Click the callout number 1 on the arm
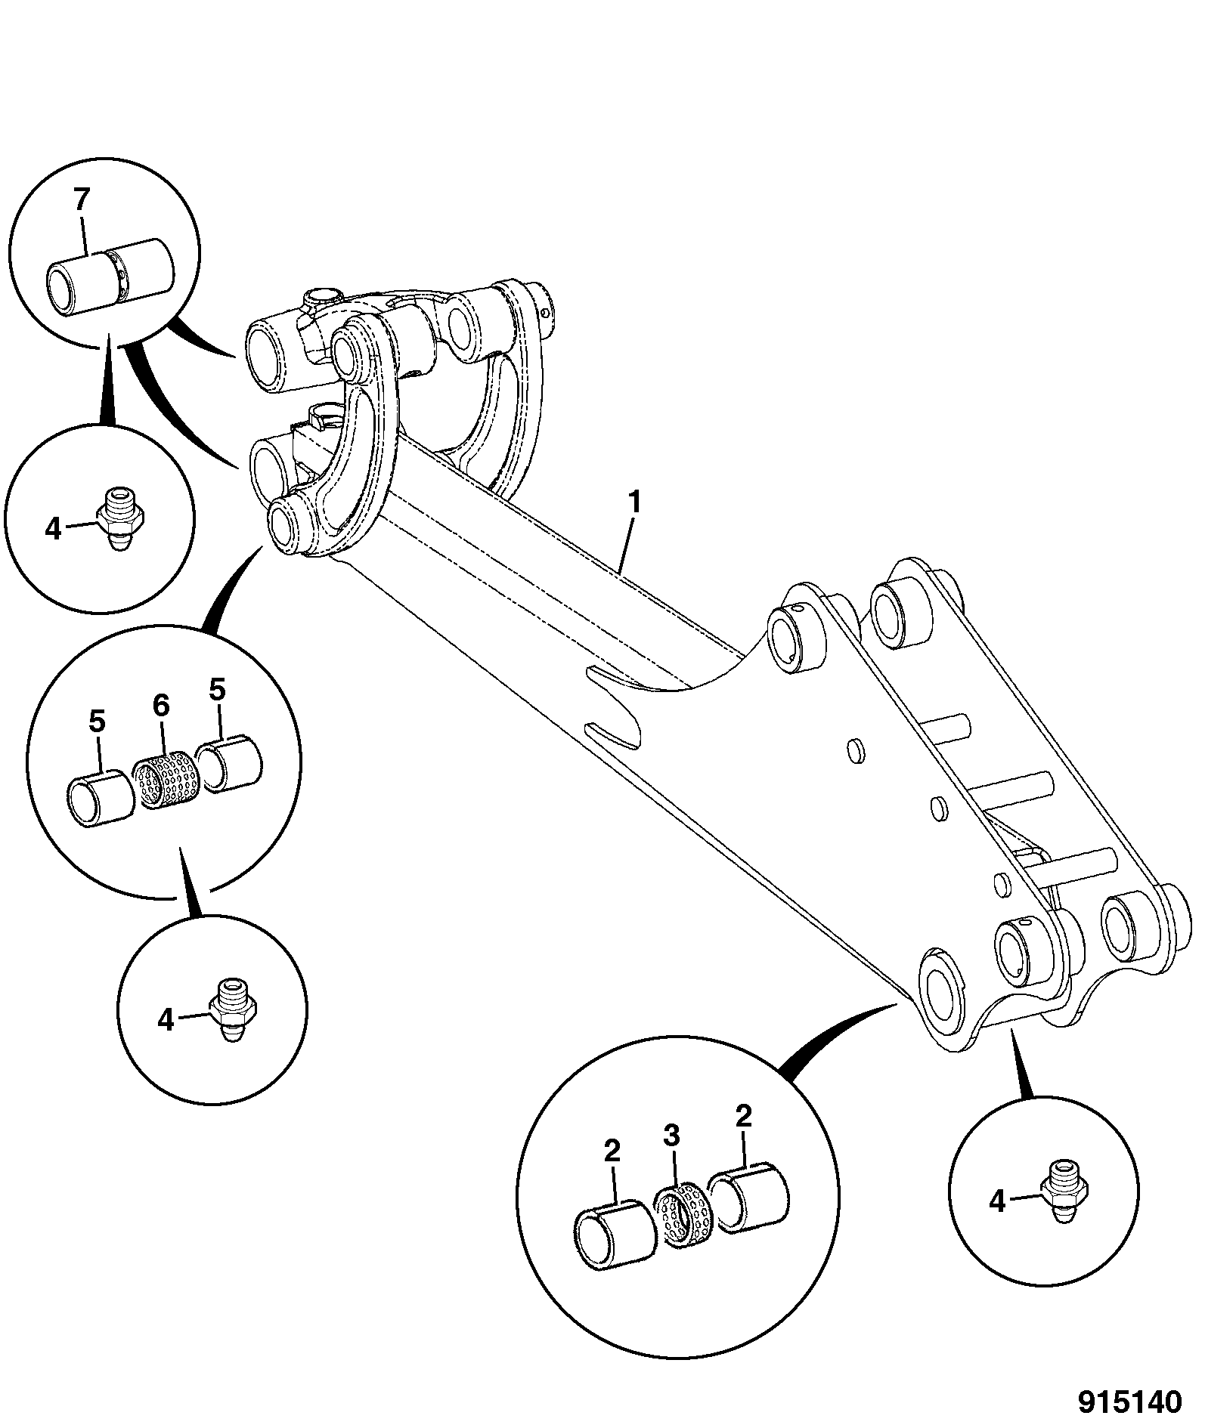[x=635, y=502]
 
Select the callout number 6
[x=161, y=706]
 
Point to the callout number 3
[x=672, y=1157]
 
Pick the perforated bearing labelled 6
[x=166, y=778]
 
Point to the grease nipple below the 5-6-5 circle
[x=231, y=1009]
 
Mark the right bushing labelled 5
[x=228, y=765]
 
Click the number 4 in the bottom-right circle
[x=998, y=1201]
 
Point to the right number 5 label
[x=218, y=690]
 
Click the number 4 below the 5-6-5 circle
[x=166, y=1021]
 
